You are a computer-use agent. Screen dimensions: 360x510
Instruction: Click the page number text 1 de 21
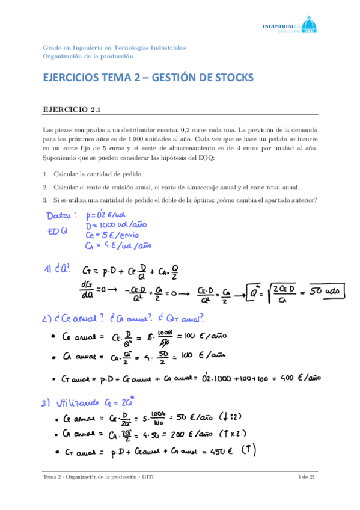click(x=307, y=478)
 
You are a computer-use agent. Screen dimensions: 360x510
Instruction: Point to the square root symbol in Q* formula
click(x=259, y=292)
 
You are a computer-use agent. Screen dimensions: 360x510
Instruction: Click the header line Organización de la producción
click(x=88, y=56)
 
